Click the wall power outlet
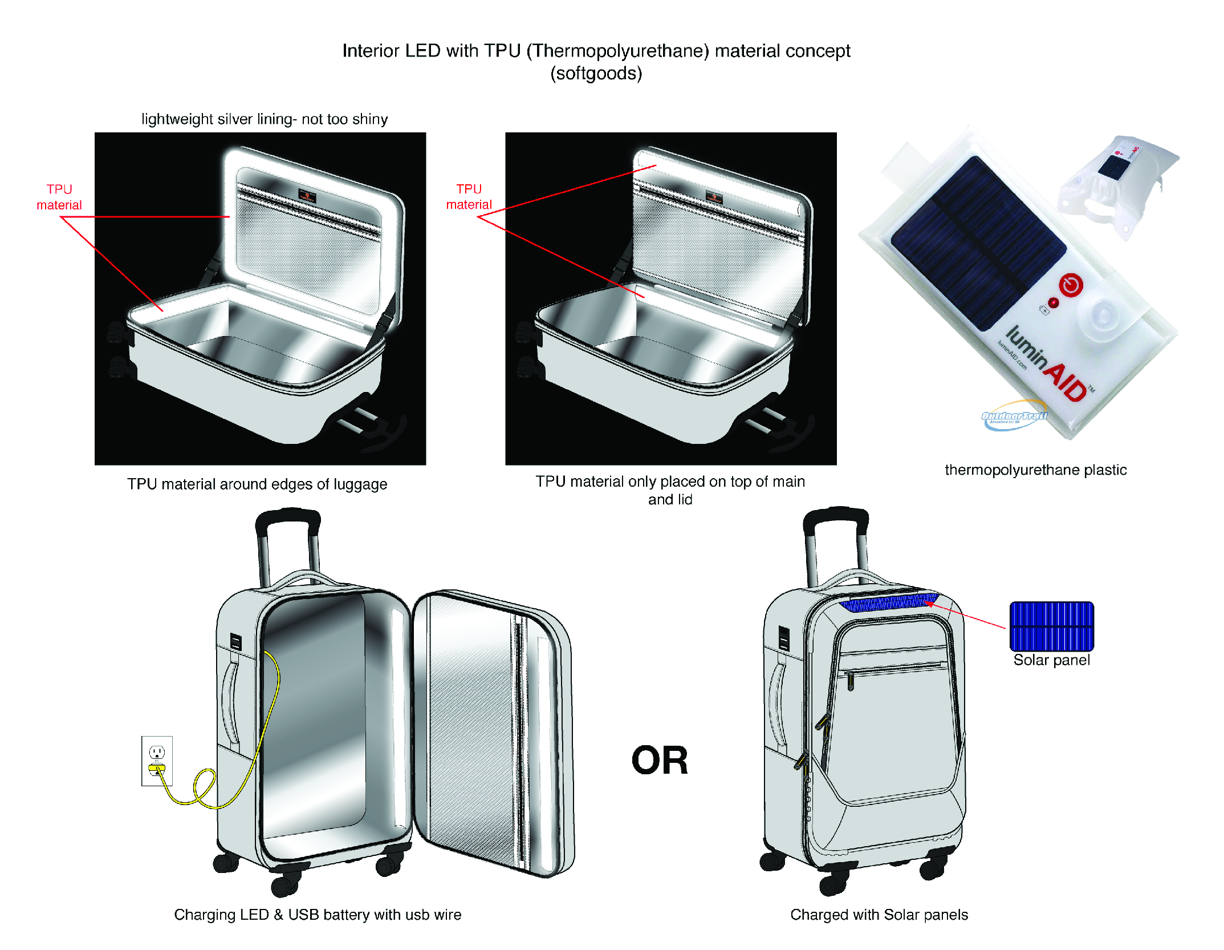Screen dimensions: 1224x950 tap(157, 761)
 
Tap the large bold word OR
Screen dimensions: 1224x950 tap(660, 761)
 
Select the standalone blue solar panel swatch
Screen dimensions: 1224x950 tap(1051, 626)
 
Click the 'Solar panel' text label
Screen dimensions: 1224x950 tap(1051, 660)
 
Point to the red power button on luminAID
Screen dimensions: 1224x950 tap(1071, 285)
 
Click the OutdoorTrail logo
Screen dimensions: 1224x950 tap(1014, 416)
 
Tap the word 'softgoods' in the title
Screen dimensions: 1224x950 tap(596, 74)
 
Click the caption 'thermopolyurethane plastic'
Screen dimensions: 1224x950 tap(1035, 470)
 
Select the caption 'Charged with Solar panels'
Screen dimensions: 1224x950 tap(879, 915)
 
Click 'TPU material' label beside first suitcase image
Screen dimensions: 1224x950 tap(59, 197)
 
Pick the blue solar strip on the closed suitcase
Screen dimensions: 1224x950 tap(889, 602)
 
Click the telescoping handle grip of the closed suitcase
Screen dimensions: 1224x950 tap(836, 516)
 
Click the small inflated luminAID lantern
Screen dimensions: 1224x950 tap(1117, 186)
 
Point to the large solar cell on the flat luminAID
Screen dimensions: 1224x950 tap(978, 242)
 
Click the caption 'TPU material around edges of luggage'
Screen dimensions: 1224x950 tap(257, 484)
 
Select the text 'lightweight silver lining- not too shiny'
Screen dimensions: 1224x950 tap(265, 119)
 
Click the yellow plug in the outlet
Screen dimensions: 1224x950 tap(157, 768)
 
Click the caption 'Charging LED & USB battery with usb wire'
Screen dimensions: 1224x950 tap(318, 915)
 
